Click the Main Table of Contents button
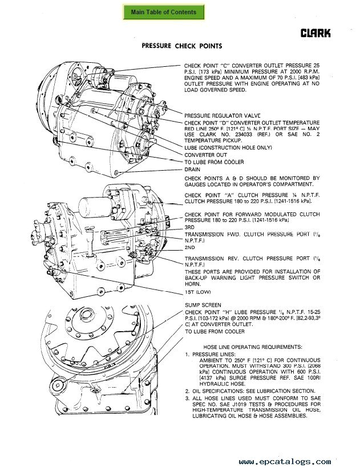pos(164,12)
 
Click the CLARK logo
pos(315,34)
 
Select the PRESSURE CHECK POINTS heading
pos(181,46)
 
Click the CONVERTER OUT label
pos(205,155)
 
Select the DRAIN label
pos(192,170)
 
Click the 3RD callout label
pos(189,227)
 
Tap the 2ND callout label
pos(190,248)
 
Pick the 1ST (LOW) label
pos(197,292)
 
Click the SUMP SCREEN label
pos(203,305)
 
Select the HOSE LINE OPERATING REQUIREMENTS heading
pos(253,347)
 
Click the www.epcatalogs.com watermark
pos(285,461)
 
